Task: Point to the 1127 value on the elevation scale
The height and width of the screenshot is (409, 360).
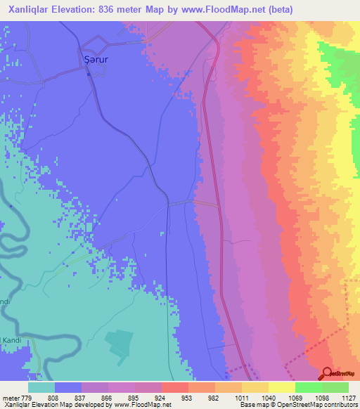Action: [348, 398]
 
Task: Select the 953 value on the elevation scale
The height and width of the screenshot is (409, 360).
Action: [187, 398]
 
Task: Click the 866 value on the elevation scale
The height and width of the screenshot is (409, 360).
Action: [107, 398]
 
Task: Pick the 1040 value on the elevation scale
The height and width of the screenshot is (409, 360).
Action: [267, 398]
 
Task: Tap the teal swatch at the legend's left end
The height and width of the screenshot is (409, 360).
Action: [41, 387]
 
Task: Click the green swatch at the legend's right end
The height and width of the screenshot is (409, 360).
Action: [335, 387]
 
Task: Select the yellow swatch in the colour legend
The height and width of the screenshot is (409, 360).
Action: [281, 387]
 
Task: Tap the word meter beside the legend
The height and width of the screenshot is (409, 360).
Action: [10, 398]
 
